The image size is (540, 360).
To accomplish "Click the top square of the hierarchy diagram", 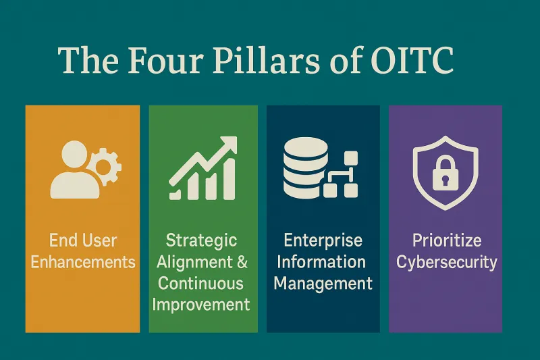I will [350, 159].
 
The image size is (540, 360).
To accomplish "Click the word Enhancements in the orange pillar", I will [82, 261].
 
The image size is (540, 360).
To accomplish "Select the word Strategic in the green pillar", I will [201, 240].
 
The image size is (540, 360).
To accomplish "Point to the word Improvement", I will [200, 303].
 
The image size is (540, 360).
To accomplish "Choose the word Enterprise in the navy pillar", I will [323, 240].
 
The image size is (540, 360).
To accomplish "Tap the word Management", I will [323, 282].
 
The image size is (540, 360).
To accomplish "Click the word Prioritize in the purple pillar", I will [446, 240].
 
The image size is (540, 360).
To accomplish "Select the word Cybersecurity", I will [446, 261].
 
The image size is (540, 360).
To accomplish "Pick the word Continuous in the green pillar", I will [200, 282].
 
